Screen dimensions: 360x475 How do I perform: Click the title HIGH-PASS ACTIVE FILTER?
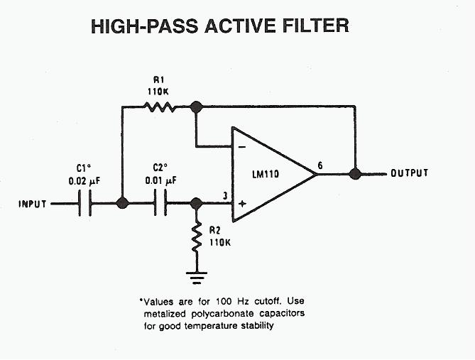coord(220,27)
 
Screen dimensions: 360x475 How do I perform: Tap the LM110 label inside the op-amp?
coord(264,174)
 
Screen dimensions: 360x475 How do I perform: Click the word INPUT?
coord(33,204)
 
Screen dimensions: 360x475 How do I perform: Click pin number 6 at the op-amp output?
coord(320,165)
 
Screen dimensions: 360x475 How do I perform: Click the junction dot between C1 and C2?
coord(122,204)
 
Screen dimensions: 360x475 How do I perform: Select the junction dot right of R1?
coord(197,107)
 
